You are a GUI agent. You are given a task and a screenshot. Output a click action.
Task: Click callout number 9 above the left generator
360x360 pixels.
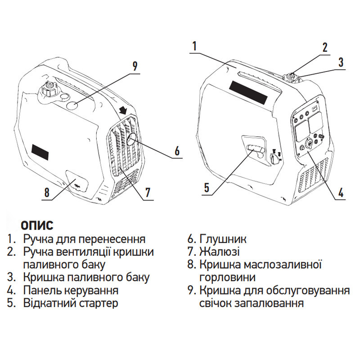click(134, 66)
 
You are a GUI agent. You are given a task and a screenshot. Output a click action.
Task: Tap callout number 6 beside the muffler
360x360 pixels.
click(177, 151)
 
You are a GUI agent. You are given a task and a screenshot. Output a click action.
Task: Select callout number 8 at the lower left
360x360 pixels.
click(46, 192)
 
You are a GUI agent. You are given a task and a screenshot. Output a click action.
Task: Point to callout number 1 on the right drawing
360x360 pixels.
click(194, 46)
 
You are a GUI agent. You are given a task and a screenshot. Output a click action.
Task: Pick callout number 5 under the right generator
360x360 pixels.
click(207, 188)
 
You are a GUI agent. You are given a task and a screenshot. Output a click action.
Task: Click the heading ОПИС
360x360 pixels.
click(37, 225)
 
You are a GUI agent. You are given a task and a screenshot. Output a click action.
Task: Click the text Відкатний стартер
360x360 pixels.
click(71, 303)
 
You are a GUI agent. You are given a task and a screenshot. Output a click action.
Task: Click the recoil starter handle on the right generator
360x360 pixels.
click(255, 150)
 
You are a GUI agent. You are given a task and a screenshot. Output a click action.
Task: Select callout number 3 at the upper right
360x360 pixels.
click(341, 62)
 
